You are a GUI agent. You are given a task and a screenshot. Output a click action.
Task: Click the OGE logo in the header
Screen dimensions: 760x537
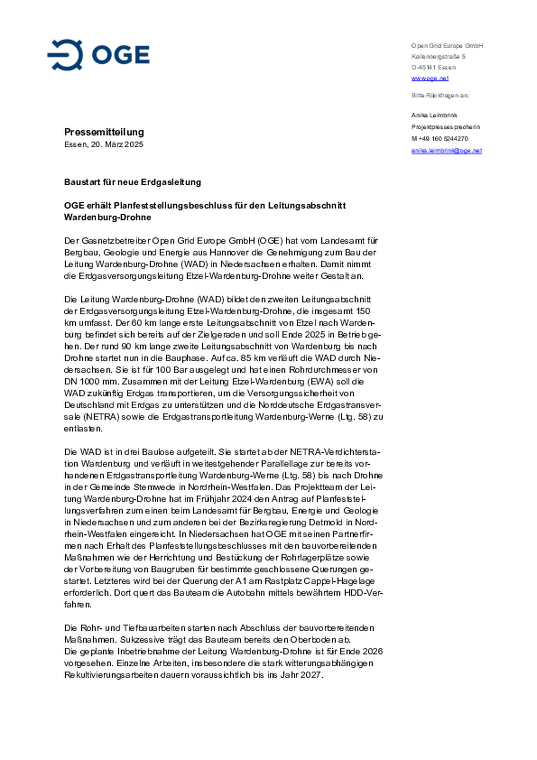pyautogui.click(x=98, y=55)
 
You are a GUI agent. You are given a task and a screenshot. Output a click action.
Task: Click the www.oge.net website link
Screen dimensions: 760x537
pyautogui.click(x=430, y=78)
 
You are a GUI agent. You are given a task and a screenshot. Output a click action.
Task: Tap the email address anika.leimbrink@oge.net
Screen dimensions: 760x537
pyautogui.click(x=446, y=151)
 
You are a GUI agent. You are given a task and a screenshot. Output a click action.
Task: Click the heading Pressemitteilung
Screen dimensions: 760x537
pyautogui.click(x=104, y=132)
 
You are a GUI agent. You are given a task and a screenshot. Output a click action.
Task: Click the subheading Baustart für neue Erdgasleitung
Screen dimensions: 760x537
pyautogui.click(x=132, y=182)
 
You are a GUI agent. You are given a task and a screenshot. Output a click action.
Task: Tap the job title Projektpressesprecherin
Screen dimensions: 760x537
pyautogui.click(x=446, y=127)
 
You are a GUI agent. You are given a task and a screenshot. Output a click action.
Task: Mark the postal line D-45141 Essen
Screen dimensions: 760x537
pyautogui.click(x=433, y=67)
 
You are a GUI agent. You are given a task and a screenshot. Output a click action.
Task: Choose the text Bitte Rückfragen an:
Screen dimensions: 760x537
pyautogui.click(x=440, y=95)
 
